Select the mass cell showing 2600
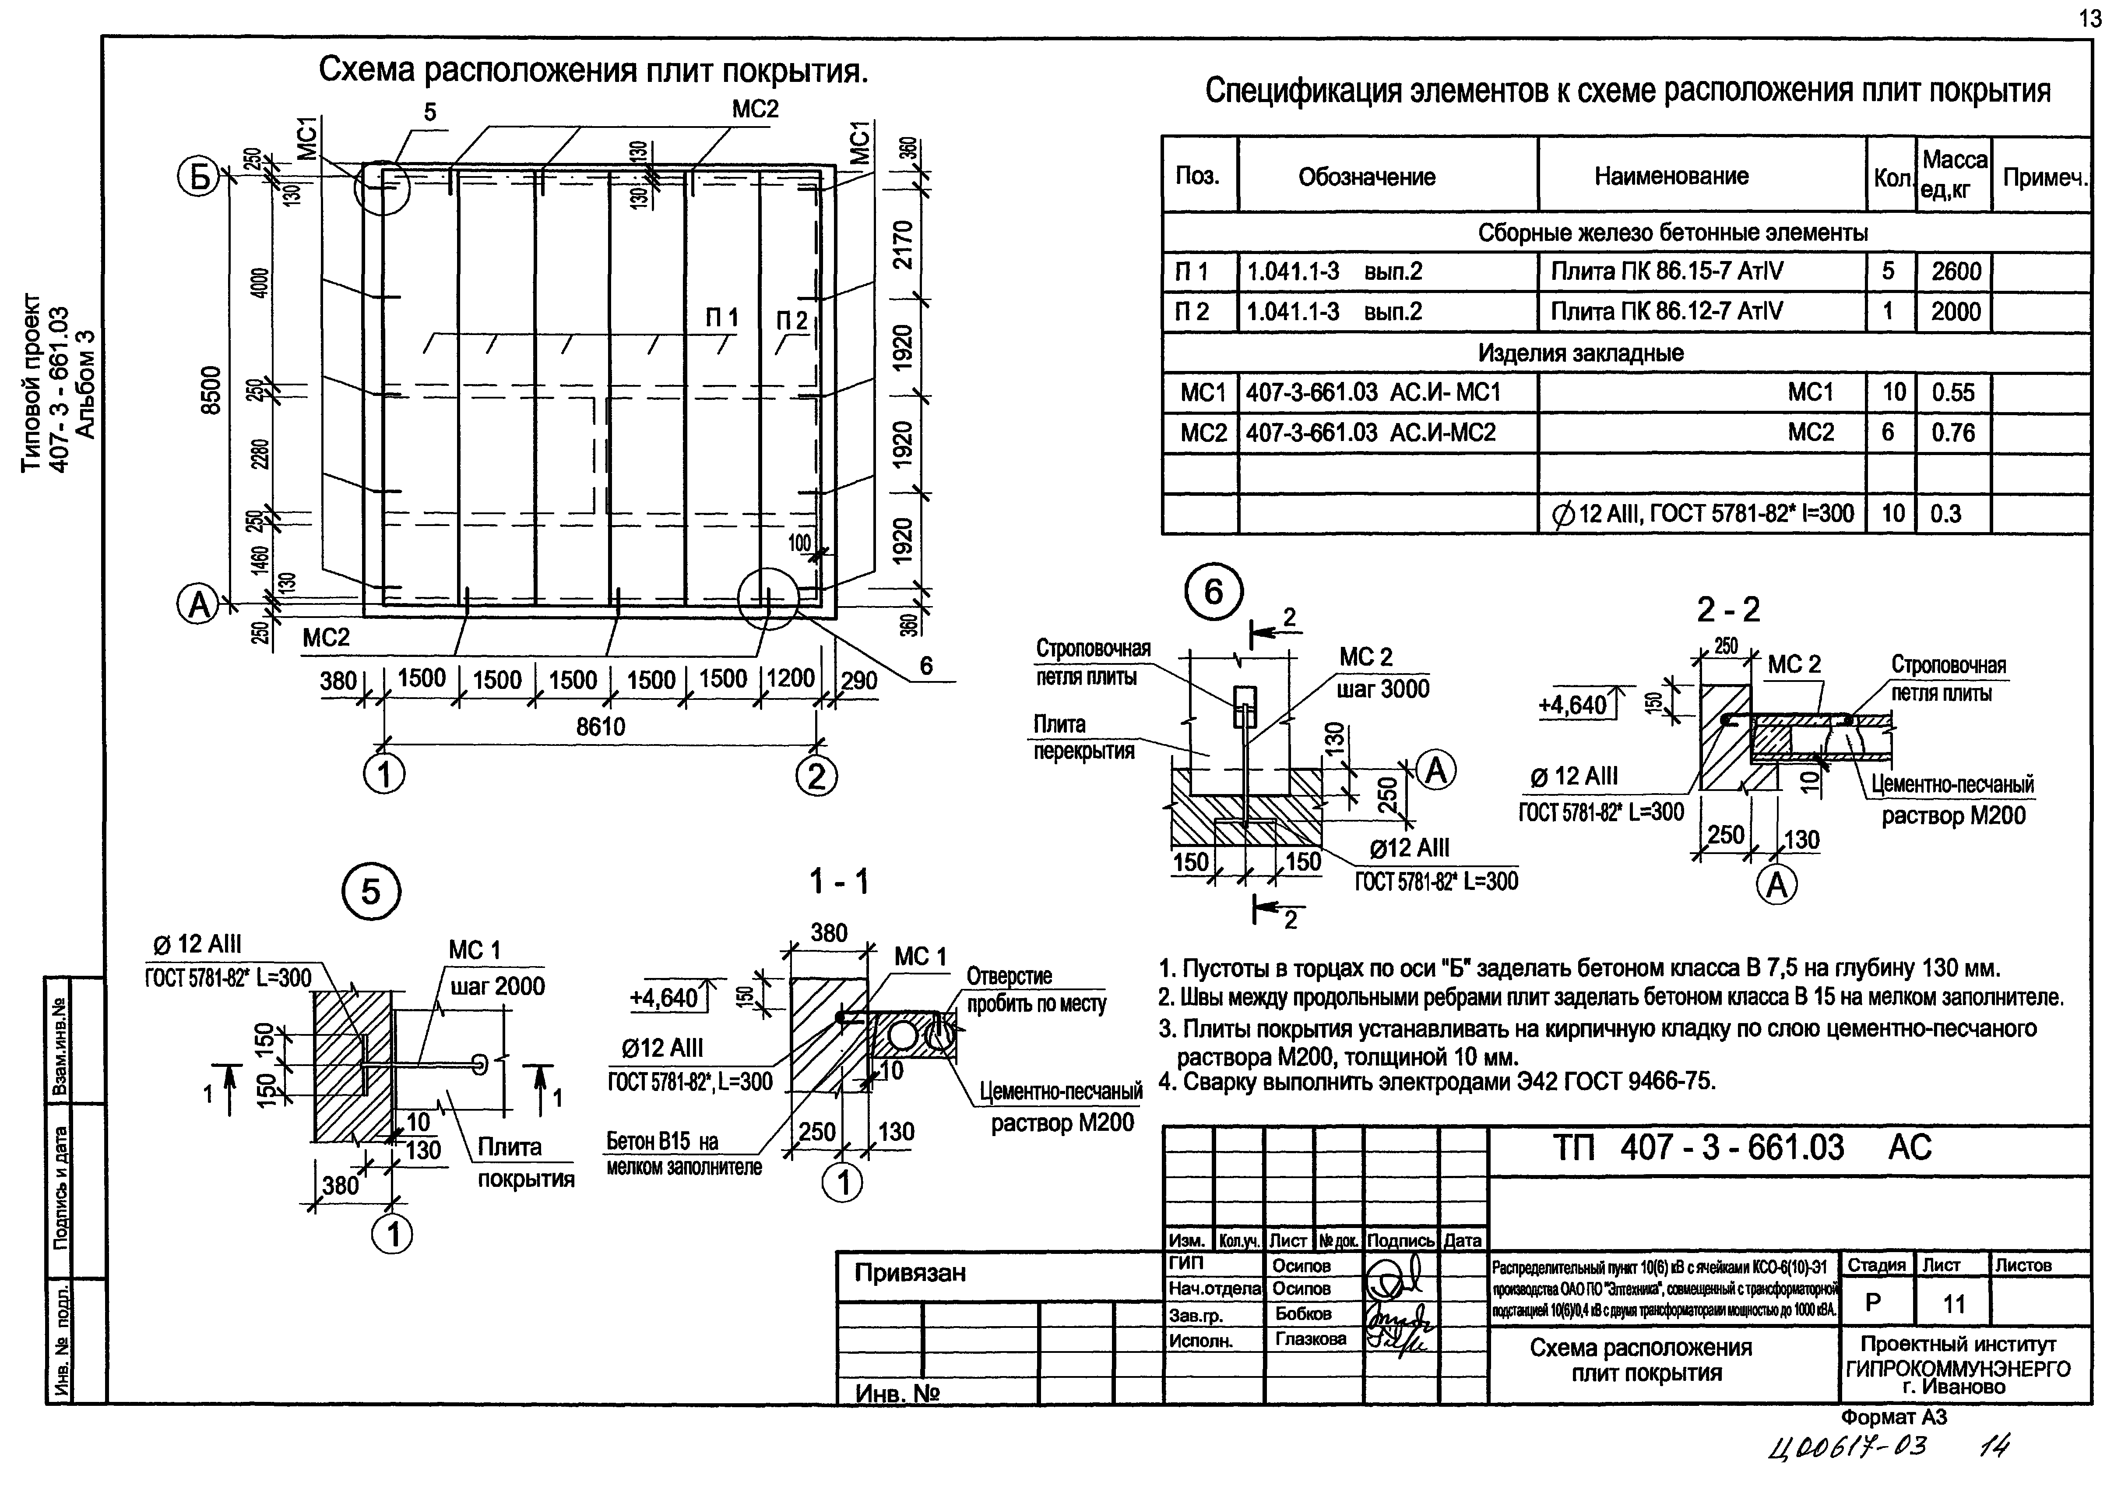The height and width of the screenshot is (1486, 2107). click(x=1956, y=272)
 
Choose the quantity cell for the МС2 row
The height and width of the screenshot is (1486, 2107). click(x=1888, y=432)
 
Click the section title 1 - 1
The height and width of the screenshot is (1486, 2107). click(x=838, y=882)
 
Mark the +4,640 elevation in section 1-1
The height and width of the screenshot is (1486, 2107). click(x=665, y=998)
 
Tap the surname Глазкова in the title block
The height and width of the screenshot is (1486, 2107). click(x=1310, y=1339)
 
